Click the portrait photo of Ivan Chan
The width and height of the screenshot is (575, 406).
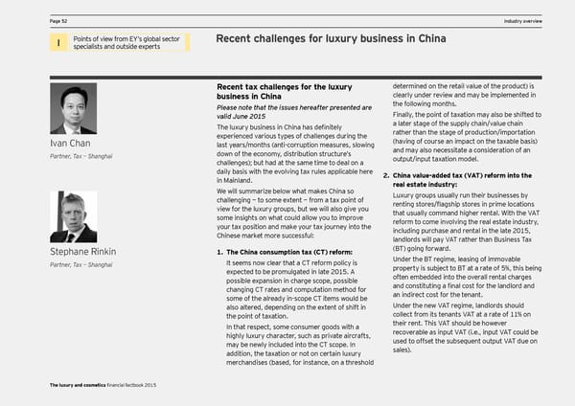pyautogui.click(x=72, y=110)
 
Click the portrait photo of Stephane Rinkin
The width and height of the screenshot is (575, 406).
pyautogui.click(x=72, y=218)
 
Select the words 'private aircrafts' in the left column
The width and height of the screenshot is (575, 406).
pyautogui.click(x=323, y=335)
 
